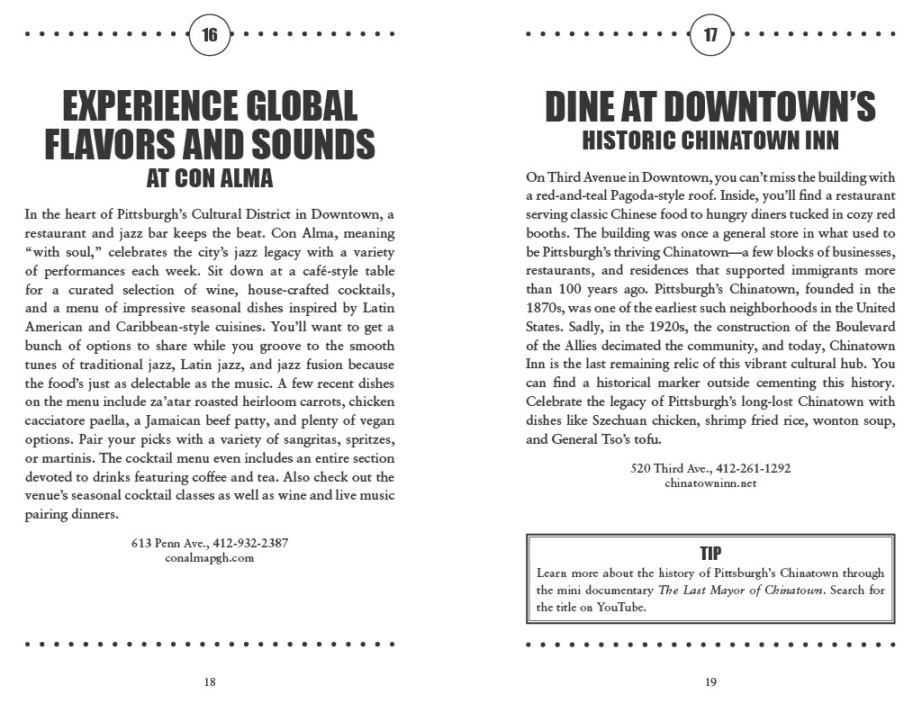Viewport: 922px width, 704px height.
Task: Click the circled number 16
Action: click(x=210, y=36)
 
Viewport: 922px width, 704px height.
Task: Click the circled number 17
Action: click(x=710, y=36)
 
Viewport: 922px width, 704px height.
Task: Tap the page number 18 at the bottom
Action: click(x=210, y=681)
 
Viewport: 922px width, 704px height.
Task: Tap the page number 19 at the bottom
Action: click(x=710, y=681)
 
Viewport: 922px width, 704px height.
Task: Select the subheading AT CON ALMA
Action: click(x=210, y=177)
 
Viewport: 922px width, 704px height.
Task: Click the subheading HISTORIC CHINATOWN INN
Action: click(x=710, y=140)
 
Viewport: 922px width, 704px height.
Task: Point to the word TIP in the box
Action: click(x=710, y=553)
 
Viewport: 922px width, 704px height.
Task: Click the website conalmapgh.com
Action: click(x=210, y=557)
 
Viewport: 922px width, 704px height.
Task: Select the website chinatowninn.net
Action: click(x=710, y=483)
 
